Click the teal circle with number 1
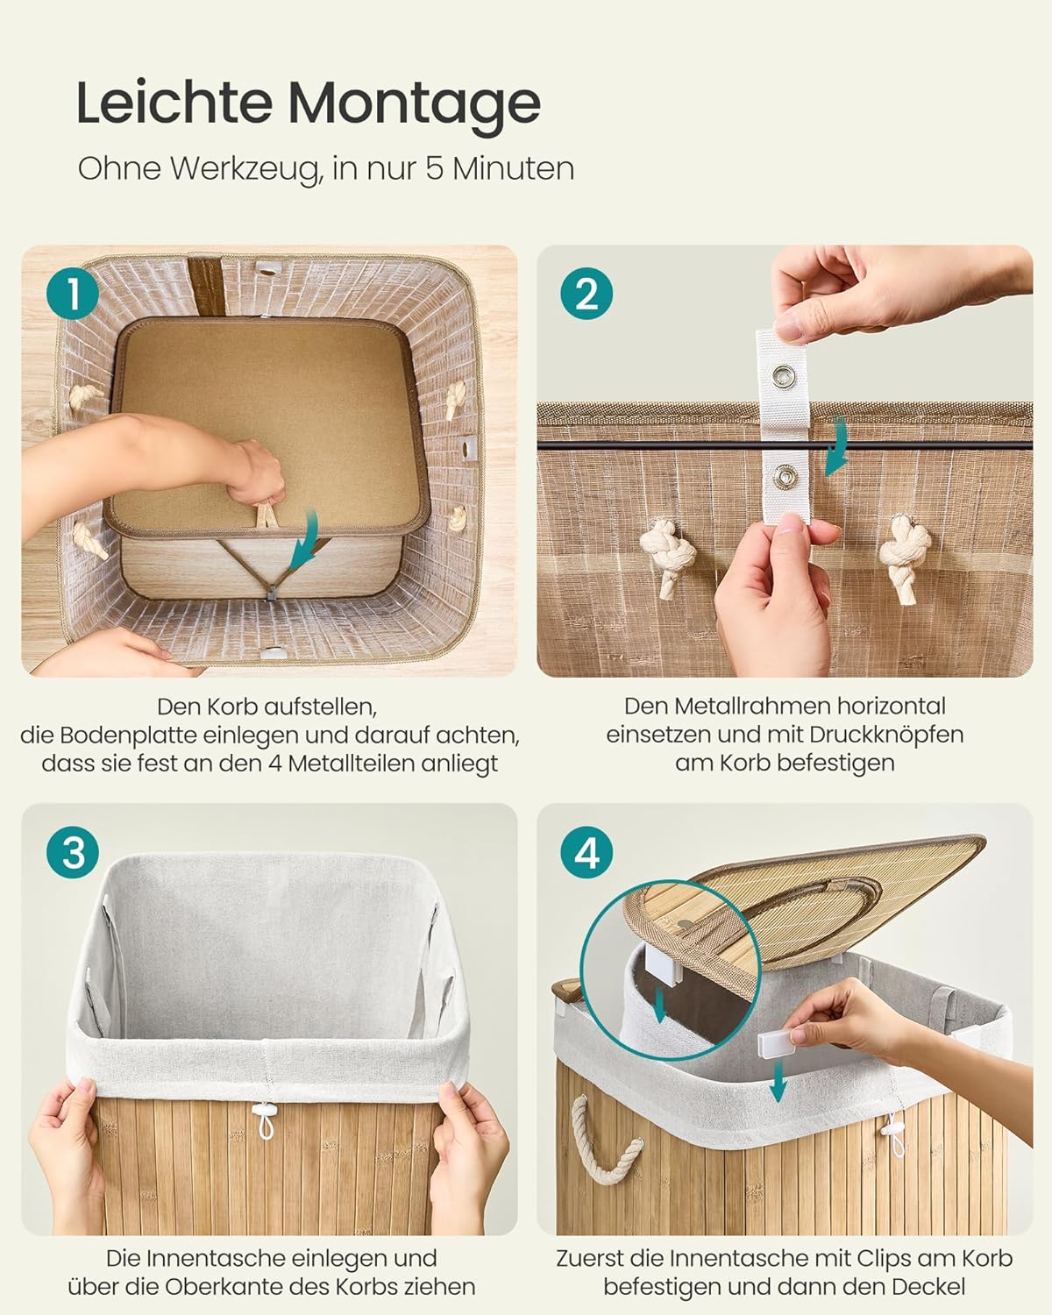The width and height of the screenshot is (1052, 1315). [73, 294]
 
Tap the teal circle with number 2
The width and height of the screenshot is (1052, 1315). [586, 294]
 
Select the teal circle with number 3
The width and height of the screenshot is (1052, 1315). [73, 852]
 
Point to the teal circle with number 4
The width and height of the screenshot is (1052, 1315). [586, 852]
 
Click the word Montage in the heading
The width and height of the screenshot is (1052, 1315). [415, 104]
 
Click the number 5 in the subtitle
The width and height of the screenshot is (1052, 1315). [435, 168]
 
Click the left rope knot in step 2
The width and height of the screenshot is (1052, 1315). [667, 554]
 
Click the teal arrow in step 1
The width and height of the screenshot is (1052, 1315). [306, 541]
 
